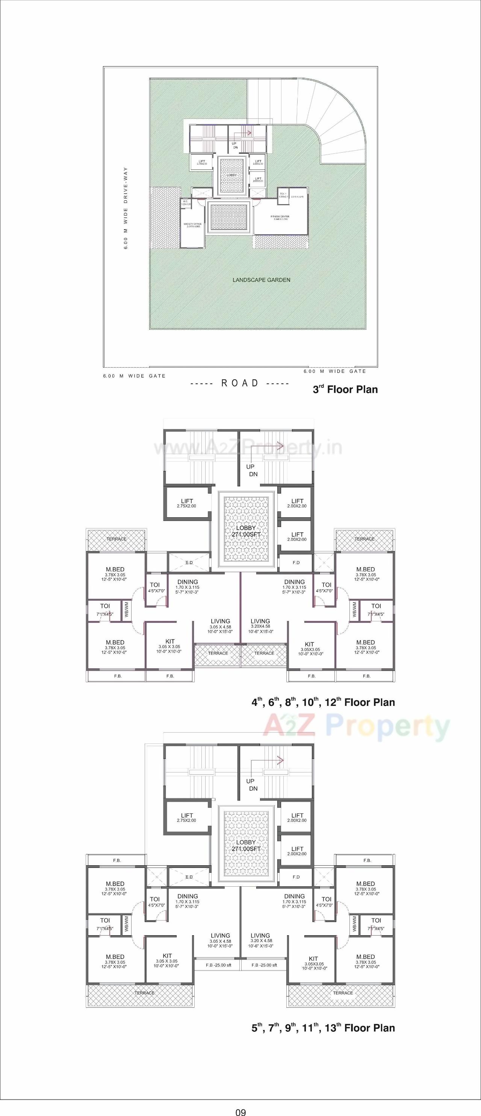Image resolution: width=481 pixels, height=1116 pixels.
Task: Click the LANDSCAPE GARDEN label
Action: tap(262, 280)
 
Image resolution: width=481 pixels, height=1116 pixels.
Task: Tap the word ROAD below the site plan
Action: tap(240, 383)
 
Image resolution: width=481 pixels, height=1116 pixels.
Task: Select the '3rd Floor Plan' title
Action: tap(345, 389)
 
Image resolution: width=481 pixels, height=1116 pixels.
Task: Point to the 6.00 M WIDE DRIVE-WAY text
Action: tap(126, 208)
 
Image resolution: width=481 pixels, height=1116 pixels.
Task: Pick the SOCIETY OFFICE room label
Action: tap(193, 225)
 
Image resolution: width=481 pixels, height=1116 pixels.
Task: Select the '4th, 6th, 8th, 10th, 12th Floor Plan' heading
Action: tap(323, 702)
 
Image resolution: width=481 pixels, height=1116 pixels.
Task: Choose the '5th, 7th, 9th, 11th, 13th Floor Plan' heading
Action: tap(323, 1028)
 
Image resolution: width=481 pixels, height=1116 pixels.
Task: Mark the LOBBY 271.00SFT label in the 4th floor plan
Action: tap(246, 531)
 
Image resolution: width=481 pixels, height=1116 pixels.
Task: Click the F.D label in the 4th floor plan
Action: tap(296, 562)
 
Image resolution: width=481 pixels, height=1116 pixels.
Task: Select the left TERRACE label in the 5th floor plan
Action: tap(144, 993)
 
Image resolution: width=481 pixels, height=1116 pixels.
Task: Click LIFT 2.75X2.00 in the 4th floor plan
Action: tap(187, 503)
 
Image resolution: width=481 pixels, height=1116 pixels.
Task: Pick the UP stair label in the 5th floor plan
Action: tap(250, 781)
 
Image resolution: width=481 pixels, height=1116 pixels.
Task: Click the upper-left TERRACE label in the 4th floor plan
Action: tap(116, 539)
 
